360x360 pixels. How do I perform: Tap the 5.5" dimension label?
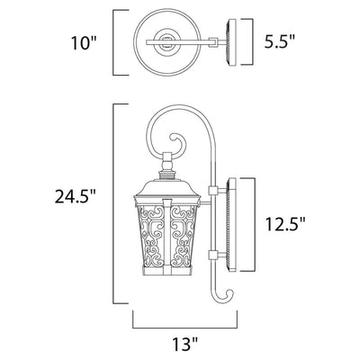point(280,41)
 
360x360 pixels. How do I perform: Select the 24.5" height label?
point(75,197)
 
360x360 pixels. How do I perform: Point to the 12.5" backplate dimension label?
point(285,224)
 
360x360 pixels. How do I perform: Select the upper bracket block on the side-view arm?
point(212,191)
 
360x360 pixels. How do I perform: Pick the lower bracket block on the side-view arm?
point(212,256)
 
